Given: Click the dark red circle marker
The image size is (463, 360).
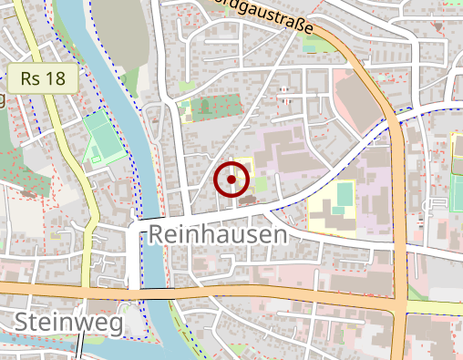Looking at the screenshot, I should (231, 180).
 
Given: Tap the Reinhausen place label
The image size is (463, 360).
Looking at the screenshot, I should (217, 235).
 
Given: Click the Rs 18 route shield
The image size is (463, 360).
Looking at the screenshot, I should (42, 78).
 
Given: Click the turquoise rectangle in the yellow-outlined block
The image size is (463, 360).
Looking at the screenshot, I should (344, 195).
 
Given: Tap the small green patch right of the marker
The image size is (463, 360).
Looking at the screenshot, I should (261, 184).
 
